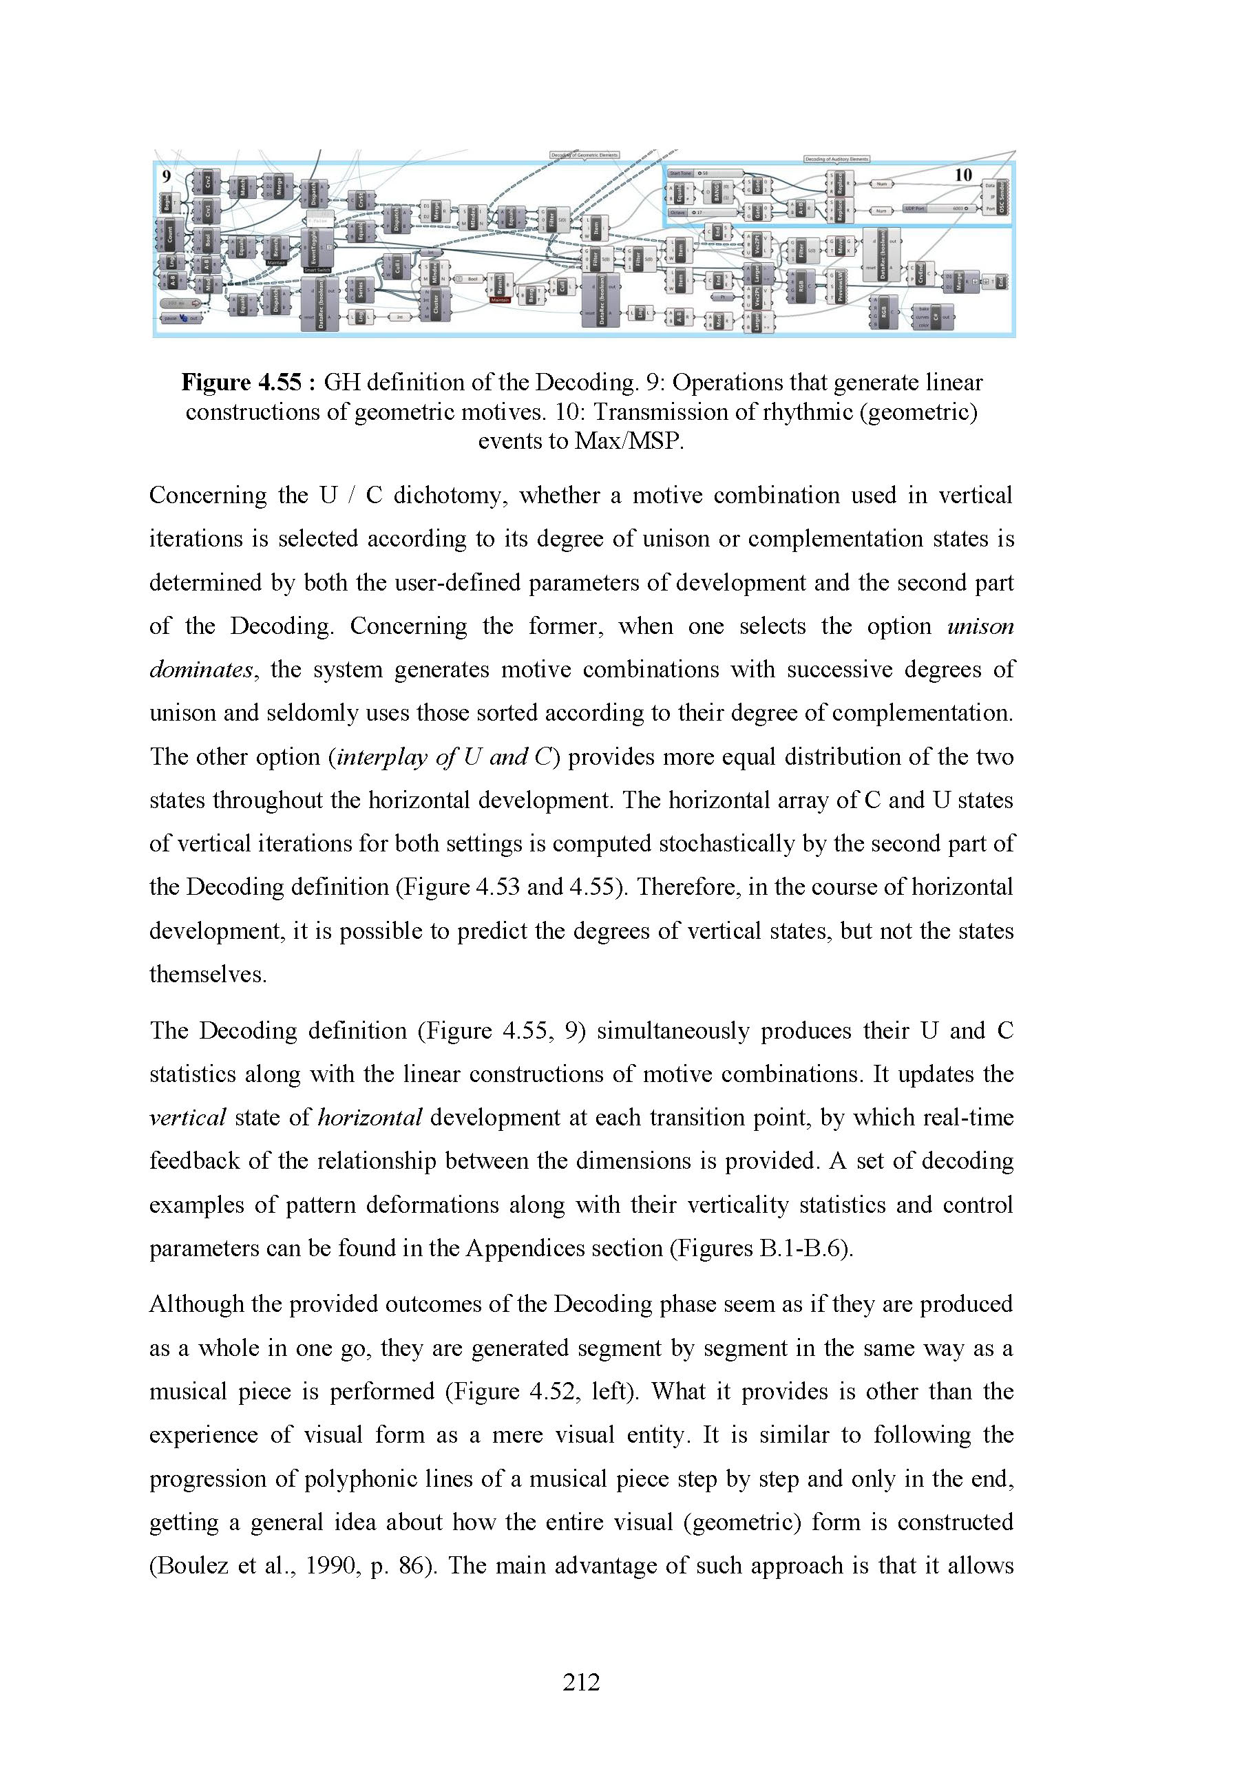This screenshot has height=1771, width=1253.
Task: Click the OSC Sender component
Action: (1002, 197)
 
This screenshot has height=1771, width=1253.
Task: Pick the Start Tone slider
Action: (704, 173)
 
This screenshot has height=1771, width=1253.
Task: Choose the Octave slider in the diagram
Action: (704, 212)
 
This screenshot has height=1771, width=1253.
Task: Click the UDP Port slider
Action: (936, 209)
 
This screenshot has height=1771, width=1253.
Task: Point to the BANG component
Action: (716, 192)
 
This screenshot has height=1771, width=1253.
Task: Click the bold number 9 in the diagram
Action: (166, 177)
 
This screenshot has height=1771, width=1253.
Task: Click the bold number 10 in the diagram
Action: (963, 175)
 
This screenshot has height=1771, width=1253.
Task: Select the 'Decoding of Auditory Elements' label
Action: (836, 159)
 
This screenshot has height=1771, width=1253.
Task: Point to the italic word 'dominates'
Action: (200, 669)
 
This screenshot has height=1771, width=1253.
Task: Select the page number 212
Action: (581, 1682)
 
